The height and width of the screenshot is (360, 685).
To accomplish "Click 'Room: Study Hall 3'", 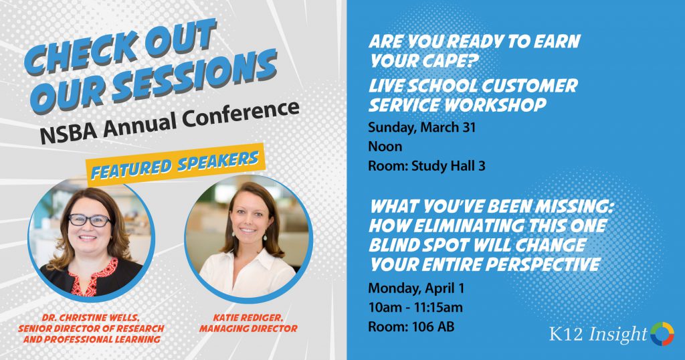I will [x=427, y=165].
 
